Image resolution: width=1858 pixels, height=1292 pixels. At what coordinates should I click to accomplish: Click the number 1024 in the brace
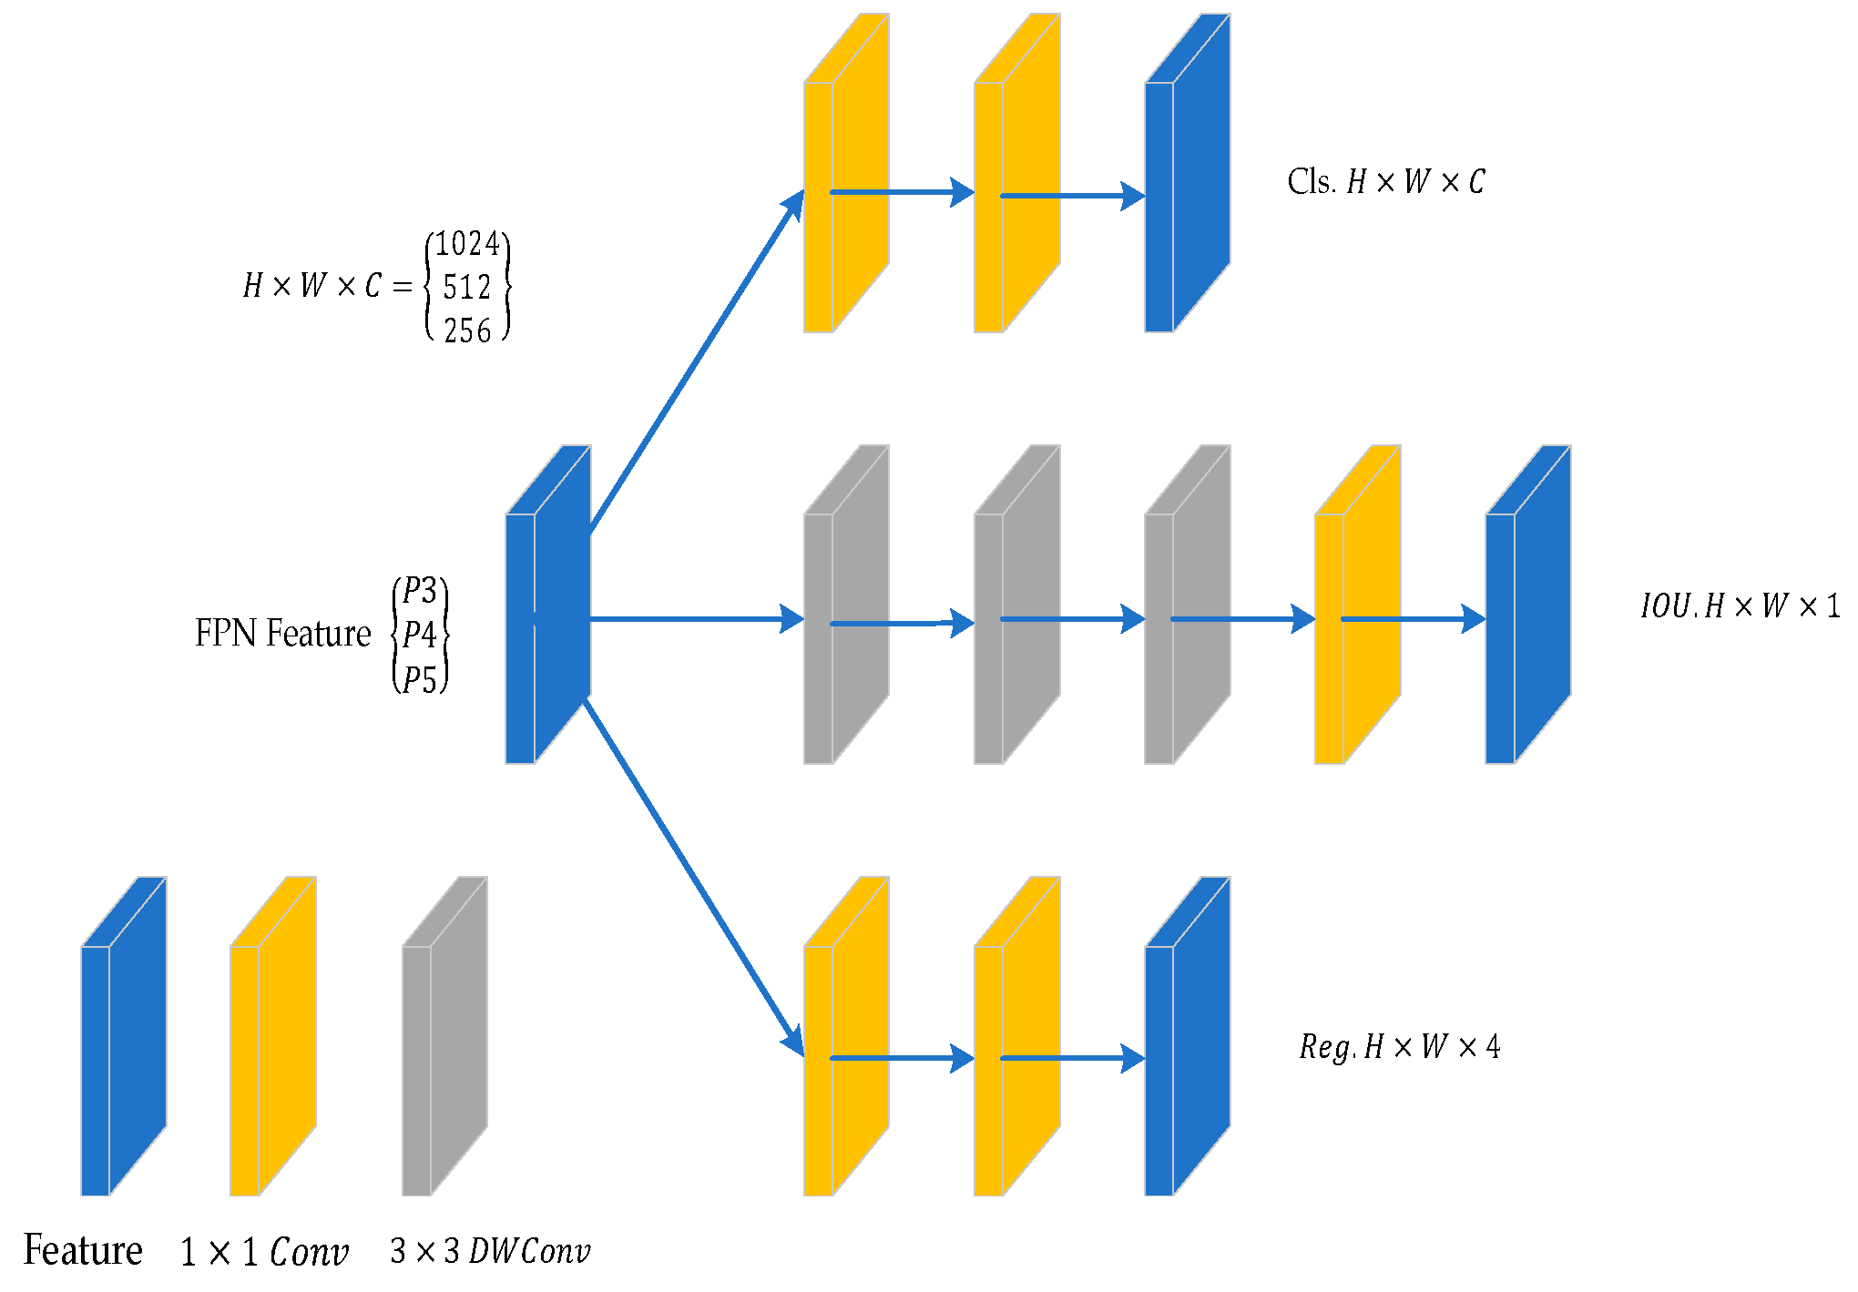point(467,244)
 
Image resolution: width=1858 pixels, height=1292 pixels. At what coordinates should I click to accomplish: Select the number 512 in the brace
point(467,288)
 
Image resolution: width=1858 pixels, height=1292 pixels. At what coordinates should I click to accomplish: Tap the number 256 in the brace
point(467,331)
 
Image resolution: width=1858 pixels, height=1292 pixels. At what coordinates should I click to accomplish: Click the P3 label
point(420,591)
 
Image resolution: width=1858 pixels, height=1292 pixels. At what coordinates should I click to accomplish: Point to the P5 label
point(420,679)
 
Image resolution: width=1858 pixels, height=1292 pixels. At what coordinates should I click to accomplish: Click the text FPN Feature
point(283,634)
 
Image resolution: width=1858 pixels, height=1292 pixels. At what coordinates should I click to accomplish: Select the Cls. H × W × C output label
point(1385,182)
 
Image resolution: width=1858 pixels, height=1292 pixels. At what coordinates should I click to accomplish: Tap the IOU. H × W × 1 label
point(1739,606)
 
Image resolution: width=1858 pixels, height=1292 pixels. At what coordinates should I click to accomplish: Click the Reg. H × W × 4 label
point(1399,1047)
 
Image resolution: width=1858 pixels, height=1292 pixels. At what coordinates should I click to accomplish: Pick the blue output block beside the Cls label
point(1187,173)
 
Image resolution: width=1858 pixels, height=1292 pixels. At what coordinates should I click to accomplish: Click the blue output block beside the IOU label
point(1527,605)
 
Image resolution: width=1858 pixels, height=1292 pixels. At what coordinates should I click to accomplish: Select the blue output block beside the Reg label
point(1187,1036)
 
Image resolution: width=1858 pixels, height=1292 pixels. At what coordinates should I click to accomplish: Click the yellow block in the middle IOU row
point(1357,605)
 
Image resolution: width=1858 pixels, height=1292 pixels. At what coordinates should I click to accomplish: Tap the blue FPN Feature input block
point(547,605)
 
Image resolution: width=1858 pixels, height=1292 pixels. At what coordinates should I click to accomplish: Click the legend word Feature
point(83,1250)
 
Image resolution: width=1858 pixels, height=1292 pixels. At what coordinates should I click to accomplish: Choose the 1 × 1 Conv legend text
point(264,1253)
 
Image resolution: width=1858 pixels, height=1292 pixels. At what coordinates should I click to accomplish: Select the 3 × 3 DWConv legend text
point(490,1251)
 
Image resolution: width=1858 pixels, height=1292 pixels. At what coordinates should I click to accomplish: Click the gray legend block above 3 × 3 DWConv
point(444,1036)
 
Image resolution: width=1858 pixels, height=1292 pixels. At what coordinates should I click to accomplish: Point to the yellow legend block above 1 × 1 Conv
point(272,1036)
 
